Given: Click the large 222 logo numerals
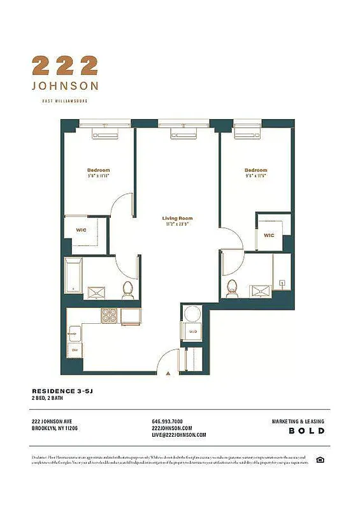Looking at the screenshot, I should [65, 66].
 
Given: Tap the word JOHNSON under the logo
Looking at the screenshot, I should [65, 86].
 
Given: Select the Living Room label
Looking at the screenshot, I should [176, 221].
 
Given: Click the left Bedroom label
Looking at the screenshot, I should [98, 171].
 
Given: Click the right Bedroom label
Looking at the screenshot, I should [256, 171].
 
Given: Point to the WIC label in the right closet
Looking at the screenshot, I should [269, 235].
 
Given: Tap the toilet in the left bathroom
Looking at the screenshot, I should [127, 290].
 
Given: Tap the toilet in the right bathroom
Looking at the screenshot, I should [233, 288].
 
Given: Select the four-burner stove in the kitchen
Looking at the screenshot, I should [110, 315].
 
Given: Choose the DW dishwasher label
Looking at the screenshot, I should [75, 350].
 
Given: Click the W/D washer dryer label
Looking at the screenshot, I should [191, 331].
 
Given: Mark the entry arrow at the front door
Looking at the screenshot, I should [168, 372].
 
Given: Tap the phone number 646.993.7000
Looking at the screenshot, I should [168, 421].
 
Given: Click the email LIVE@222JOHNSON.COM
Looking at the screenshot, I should [179, 435].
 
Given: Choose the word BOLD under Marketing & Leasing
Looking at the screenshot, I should [307, 431].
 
